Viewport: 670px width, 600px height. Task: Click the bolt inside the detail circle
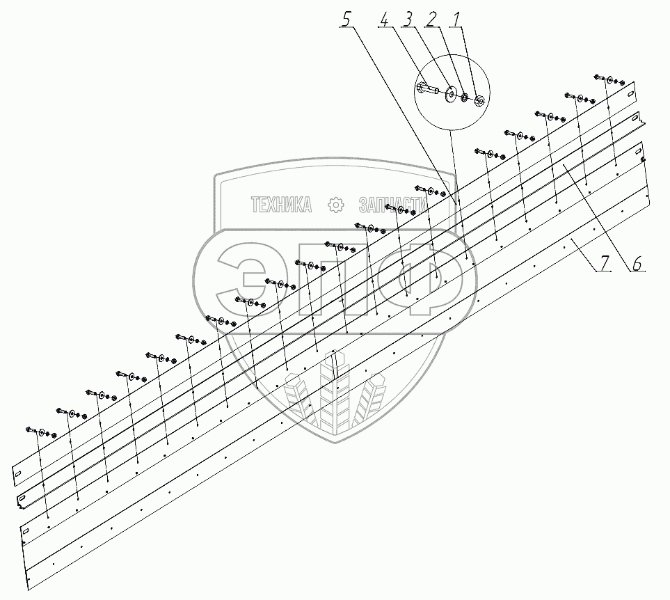coord(426,89)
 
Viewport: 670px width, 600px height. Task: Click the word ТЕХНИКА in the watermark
coord(280,205)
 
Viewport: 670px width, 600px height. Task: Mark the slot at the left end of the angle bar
coord(22,499)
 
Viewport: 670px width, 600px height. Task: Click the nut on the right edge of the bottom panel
coord(644,161)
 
